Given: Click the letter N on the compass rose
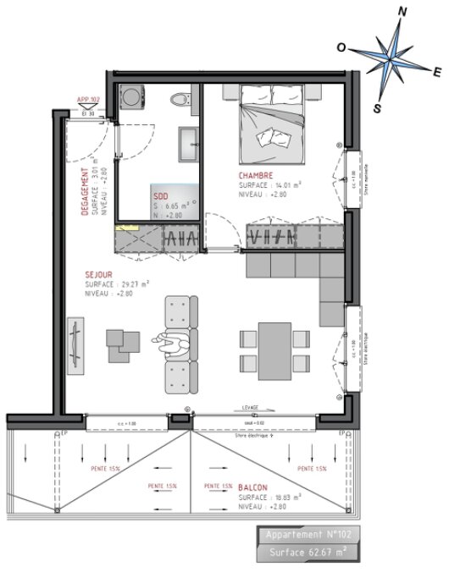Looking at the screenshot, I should click(402, 12).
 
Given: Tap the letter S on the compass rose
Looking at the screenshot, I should click(378, 107).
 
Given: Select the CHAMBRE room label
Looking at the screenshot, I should click(256, 175).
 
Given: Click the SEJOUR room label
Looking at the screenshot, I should click(99, 274).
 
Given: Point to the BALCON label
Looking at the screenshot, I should click(253, 488).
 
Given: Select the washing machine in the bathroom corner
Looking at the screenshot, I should click(132, 96).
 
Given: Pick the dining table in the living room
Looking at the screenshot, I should click(273, 348).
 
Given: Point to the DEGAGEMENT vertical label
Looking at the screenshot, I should click(85, 191).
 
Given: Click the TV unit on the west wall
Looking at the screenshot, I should click(76, 344).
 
